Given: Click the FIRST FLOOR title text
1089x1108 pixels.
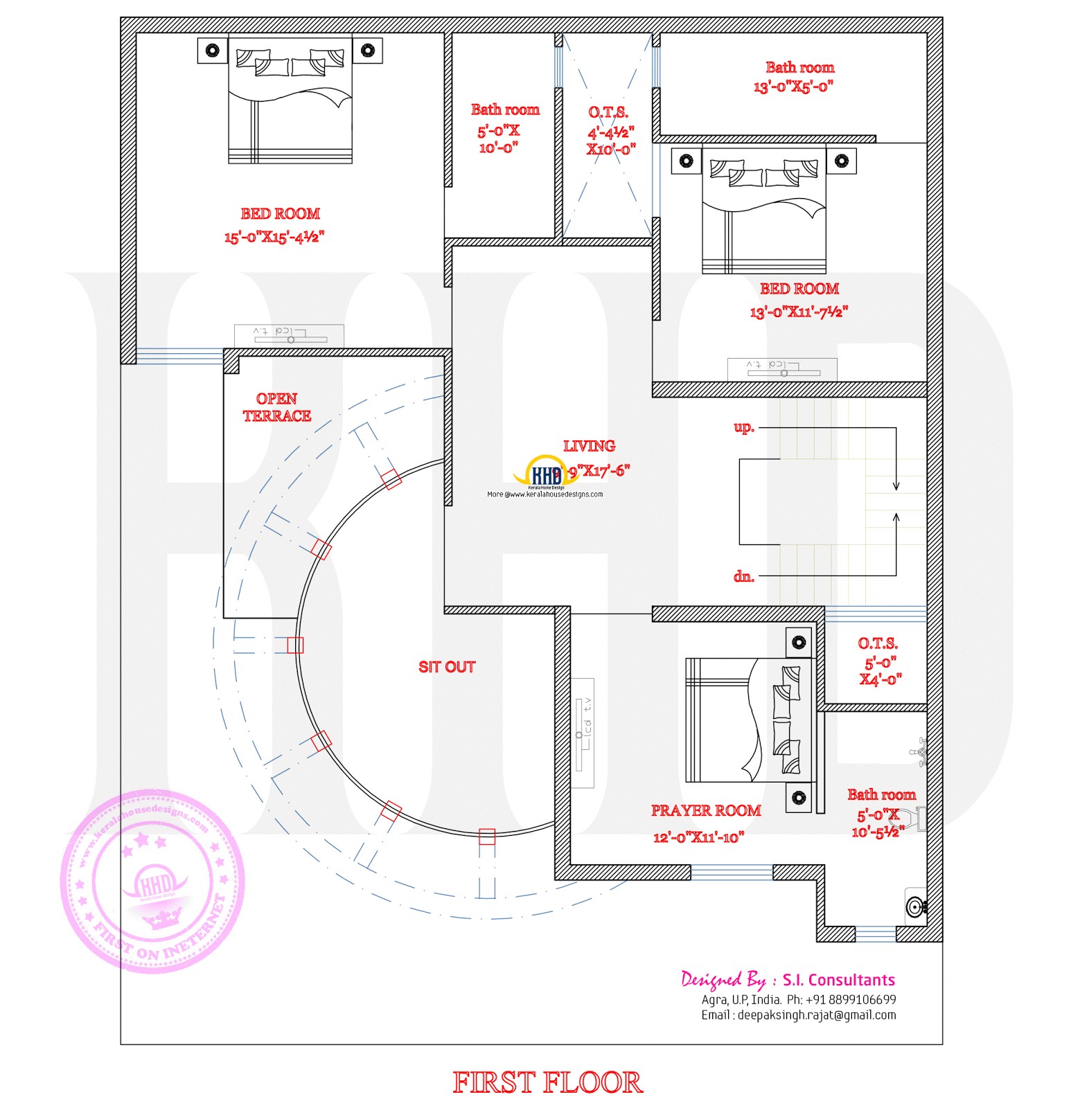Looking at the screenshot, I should (547, 1082).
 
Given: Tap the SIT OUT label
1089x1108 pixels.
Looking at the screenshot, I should (447, 667).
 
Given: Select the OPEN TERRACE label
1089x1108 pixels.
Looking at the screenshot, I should (276, 407).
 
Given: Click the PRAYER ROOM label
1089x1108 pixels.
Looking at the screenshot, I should (705, 810).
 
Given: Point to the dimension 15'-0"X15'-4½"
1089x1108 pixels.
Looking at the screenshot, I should (274, 237).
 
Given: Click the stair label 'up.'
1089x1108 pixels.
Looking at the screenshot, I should (743, 427).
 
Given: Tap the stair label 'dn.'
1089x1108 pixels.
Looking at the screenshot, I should (743, 576).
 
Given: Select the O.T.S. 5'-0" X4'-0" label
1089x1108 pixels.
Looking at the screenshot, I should (878, 661).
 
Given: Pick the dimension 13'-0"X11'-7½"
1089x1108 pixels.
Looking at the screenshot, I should (798, 312).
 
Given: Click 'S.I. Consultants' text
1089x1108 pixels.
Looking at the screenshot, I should (838, 980).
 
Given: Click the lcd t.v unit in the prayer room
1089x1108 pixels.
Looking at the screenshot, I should (583, 733).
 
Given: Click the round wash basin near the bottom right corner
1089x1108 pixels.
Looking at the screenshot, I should (915, 906).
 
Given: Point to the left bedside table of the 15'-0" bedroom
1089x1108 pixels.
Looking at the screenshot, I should (213, 51).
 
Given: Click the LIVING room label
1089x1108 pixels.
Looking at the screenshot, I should (589, 446).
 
